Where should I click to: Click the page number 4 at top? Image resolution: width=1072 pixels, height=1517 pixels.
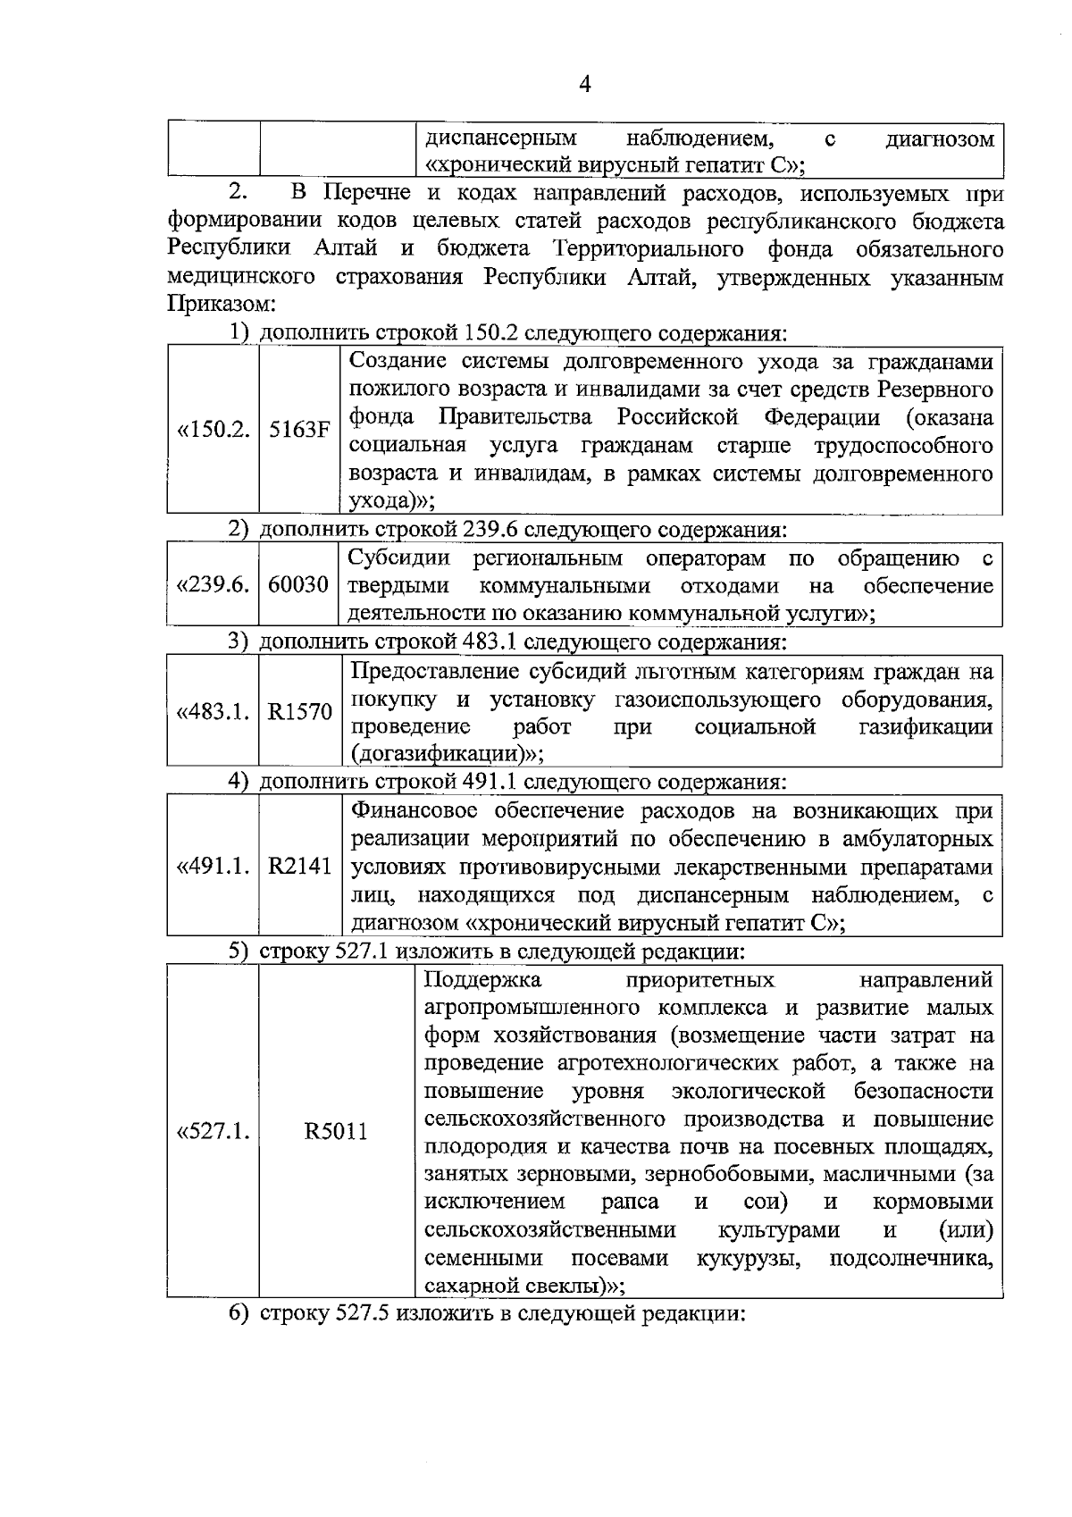coord(585,85)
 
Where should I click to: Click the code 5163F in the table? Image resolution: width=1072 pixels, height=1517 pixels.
coord(299,430)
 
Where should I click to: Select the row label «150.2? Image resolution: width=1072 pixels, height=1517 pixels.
coord(214,430)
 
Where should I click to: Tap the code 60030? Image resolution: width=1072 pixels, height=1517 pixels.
coord(298,586)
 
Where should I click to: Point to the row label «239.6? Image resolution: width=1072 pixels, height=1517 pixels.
coord(214,586)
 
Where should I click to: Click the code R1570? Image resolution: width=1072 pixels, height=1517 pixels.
coord(300,712)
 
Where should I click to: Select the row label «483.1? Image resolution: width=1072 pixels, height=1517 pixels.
coord(214,712)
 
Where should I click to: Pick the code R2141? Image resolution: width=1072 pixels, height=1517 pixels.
coord(300,867)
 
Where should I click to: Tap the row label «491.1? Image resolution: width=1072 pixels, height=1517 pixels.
coord(214,867)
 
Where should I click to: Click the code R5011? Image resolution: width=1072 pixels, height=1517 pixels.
coord(336,1132)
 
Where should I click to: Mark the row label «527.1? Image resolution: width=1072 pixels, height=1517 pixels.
coord(214,1132)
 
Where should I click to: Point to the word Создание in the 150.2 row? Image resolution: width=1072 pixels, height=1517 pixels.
coord(398,362)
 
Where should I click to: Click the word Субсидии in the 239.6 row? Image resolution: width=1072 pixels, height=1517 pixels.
coord(398,559)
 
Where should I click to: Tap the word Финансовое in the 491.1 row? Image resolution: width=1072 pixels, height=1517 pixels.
coord(416,811)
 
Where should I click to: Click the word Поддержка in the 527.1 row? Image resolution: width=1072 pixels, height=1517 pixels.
coord(482,981)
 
